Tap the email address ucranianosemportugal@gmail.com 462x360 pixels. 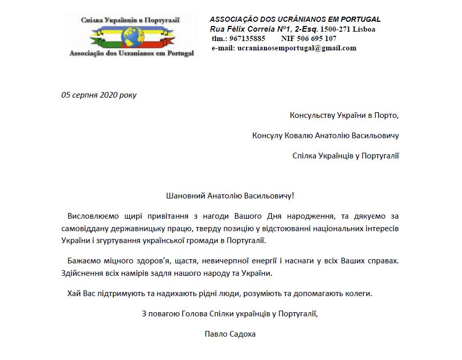click(297, 48)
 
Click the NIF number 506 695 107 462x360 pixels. click(316, 38)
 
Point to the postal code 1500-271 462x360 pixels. click(336, 29)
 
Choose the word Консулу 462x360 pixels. click(267, 136)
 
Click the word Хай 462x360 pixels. click(74, 294)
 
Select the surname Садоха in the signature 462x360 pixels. click(242, 334)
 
